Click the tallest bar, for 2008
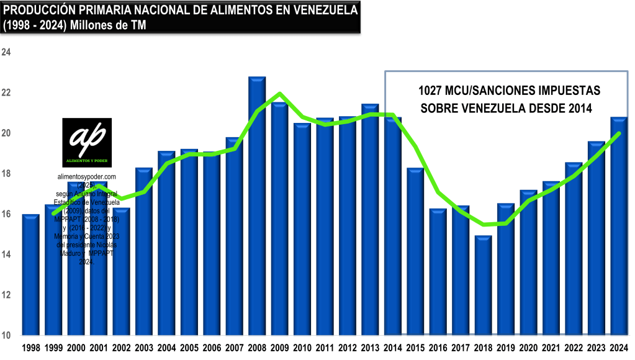[257, 205]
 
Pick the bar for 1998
[31, 274]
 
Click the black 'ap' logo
[87, 142]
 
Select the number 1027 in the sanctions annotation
[431, 91]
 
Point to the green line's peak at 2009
[280, 94]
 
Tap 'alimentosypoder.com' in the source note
[87, 177]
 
